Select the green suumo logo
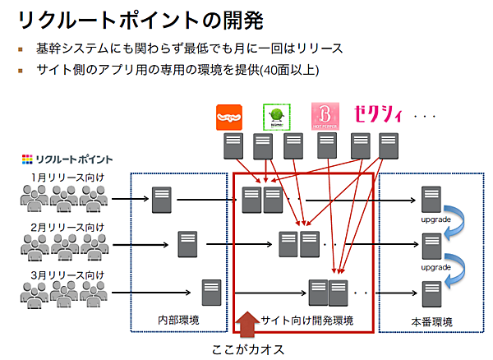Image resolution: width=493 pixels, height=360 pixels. click(277, 117)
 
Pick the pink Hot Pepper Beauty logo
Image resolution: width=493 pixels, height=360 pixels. click(325, 117)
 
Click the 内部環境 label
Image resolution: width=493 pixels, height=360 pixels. click(179, 319)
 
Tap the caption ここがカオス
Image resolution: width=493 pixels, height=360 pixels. click(246, 348)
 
